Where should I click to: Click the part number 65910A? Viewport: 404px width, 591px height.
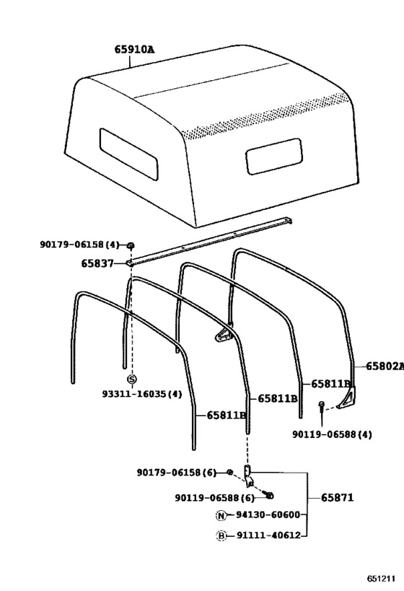pyautogui.click(x=134, y=50)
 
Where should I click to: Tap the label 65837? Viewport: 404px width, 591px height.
pyautogui.click(x=97, y=263)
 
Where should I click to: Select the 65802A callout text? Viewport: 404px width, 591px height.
pyautogui.click(x=385, y=366)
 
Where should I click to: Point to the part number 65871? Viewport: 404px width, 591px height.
pyautogui.click(x=338, y=497)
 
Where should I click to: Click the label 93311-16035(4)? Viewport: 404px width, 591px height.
pyautogui.click(x=142, y=394)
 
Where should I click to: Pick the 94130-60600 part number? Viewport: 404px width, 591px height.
pyautogui.click(x=268, y=515)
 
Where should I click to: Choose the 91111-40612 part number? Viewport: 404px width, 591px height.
pyautogui.click(x=268, y=535)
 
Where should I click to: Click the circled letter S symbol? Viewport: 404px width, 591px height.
pyautogui.click(x=131, y=379)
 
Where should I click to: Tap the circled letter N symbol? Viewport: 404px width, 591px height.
pyautogui.click(x=221, y=515)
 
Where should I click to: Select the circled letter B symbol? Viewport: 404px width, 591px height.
pyautogui.click(x=221, y=535)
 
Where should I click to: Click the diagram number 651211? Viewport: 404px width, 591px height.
pyautogui.click(x=382, y=578)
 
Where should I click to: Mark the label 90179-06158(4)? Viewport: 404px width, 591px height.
pyautogui.click(x=79, y=244)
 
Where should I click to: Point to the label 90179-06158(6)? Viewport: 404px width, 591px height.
pyautogui.click(x=176, y=472)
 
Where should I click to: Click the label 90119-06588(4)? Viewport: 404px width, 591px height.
pyautogui.click(x=332, y=434)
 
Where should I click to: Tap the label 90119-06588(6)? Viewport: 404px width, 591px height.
pyautogui.click(x=215, y=497)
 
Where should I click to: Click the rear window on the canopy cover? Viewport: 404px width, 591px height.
pyautogui.click(x=128, y=154)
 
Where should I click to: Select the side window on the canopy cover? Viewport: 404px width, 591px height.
pyautogui.click(x=274, y=156)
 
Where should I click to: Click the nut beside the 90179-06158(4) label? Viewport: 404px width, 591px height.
pyautogui.click(x=131, y=246)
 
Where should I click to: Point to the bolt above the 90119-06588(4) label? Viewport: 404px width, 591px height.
pyautogui.click(x=322, y=408)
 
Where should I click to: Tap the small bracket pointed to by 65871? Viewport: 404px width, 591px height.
pyautogui.click(x=248, y=476)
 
